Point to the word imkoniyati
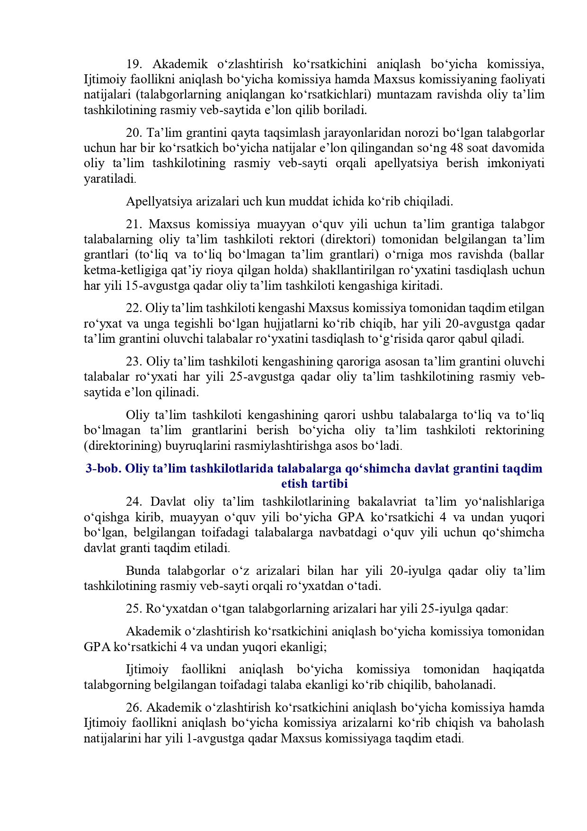[x=518, y=164]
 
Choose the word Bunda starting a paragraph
[x=142, y=571]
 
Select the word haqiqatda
[x=518, y=670]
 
